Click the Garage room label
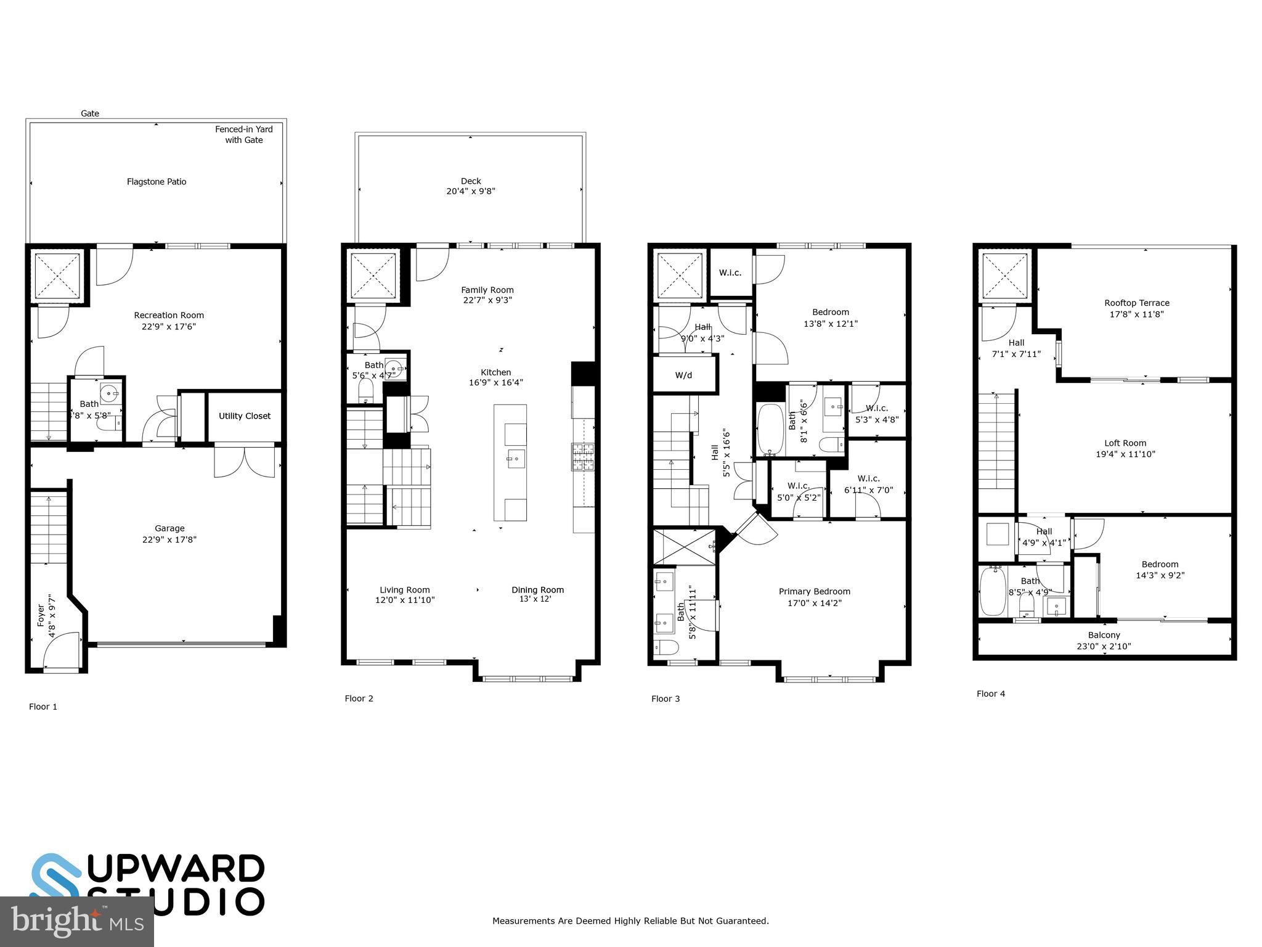(169, 528)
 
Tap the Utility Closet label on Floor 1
(245, 416)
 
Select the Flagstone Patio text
(157, 182)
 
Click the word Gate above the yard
(90, 113)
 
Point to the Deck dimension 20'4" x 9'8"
(471, 192)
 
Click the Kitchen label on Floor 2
(496, 372)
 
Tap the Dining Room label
(537, 590)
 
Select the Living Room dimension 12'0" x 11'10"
(405, 601)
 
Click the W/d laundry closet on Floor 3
(684, 375)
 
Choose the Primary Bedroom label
(814, 592)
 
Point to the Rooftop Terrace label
(1136, 303)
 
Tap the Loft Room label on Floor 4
(1125, 443)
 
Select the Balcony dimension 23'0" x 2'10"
(1104, 647)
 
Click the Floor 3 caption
(666, 699)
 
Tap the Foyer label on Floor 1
(41, 615)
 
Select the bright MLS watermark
(76, 922)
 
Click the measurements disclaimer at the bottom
(630, 921)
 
